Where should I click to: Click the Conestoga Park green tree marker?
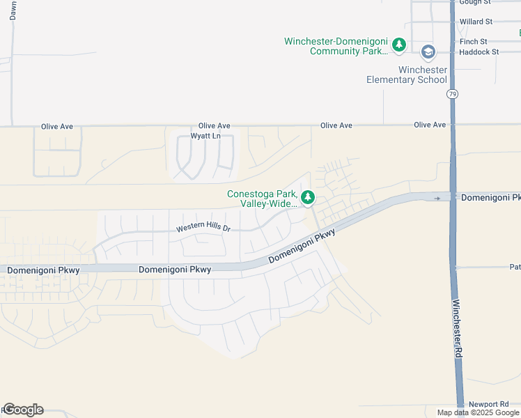click(308, 197)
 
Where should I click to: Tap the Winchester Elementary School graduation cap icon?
click(428, 52)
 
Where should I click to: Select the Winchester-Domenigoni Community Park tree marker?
click(398, 45)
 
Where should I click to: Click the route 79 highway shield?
click(453, 94)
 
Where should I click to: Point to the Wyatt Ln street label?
click(205, 136)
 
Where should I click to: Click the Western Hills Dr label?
click(203, 229)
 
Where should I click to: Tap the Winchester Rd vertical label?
click(457, 329)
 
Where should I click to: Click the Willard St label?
click(476, 22)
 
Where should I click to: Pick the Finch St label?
click(473, 42)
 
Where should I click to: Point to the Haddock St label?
click(479, 52)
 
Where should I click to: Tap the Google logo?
click(23, 410)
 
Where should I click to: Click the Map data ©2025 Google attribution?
click(478, 412)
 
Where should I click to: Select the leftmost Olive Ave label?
click(57, 127)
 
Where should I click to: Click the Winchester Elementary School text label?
click(407, 75)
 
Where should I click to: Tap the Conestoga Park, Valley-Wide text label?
click(262, 199)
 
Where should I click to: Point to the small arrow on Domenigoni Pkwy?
click(437, 198)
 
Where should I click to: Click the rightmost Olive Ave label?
click(429, 125)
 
